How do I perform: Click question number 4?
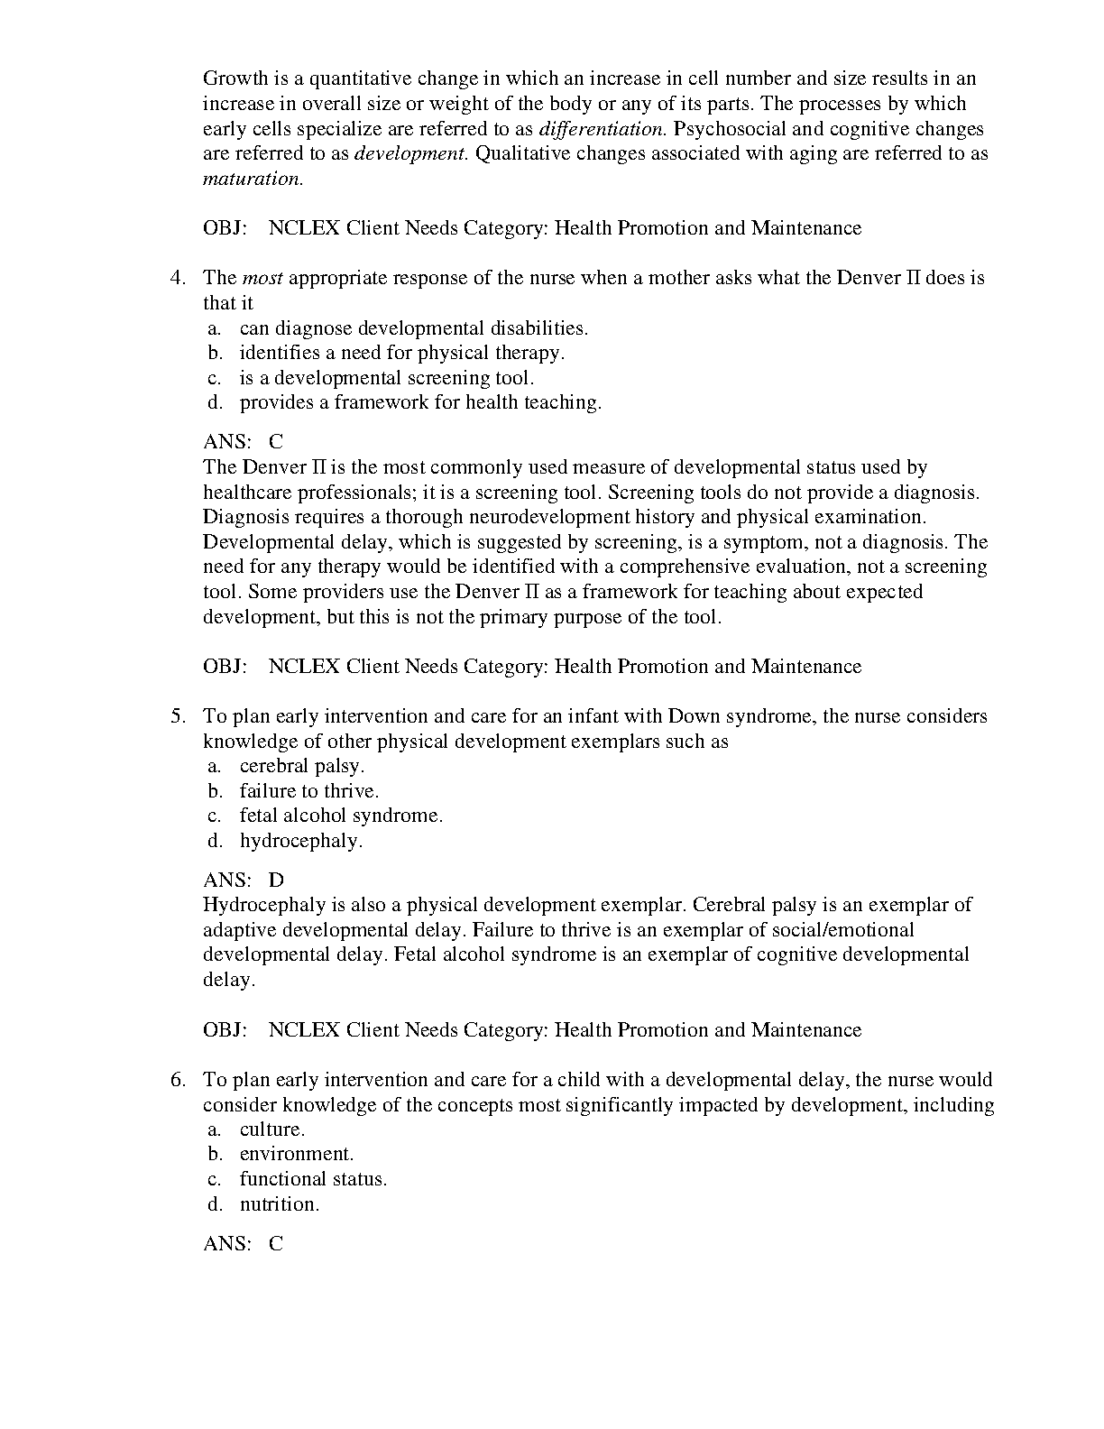point(178,278)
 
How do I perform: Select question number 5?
point(178,716)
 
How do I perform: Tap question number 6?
point(178,1080)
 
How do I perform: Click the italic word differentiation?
point(602,128)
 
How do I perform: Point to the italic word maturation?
point(253,179)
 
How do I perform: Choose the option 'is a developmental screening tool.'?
point(386,378)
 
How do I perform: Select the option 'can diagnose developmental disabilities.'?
point(413,328)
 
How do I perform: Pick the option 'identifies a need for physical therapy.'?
point(401,353)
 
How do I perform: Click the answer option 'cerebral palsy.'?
point(301,766)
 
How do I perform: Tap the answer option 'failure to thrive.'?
point(308,791)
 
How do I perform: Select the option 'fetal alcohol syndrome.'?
point(341,816)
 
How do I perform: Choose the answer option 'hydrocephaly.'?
point(300,841)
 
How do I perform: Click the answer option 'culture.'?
point(271,1129)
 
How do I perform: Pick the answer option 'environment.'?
point(296,1154)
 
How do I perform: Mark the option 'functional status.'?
point(312,1179)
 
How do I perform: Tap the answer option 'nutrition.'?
point(279,1204)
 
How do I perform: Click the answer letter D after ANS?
point(276,880)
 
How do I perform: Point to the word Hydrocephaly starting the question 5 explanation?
point(256,905)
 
